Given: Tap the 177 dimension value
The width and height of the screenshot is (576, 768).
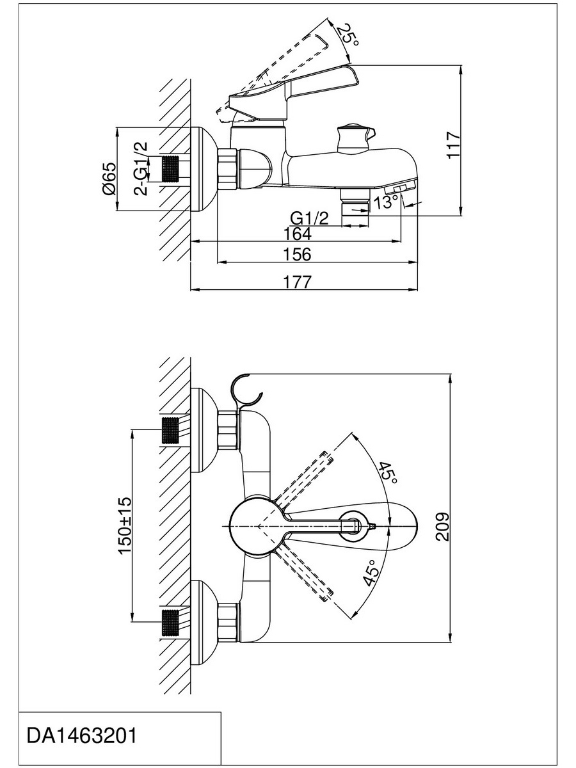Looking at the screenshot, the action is (297, 282).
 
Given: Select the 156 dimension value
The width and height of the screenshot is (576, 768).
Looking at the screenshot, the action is (297, 254).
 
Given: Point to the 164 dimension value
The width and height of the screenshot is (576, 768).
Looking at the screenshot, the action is (297, 234).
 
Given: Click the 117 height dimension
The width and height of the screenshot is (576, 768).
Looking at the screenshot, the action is (454, 145).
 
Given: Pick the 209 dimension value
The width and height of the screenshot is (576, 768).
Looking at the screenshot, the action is (442, 527).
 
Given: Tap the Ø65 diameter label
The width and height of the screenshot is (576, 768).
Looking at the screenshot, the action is (109, 179).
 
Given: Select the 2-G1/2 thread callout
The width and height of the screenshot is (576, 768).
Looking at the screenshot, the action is (141, 168).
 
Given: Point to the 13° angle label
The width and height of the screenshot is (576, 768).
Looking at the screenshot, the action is (386, 202).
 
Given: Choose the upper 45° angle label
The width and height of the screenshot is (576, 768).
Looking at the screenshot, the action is (387, 473).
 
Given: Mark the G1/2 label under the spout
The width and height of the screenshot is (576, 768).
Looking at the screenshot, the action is (310, 219).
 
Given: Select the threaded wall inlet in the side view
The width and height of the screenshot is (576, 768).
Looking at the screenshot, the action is (171, 169).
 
